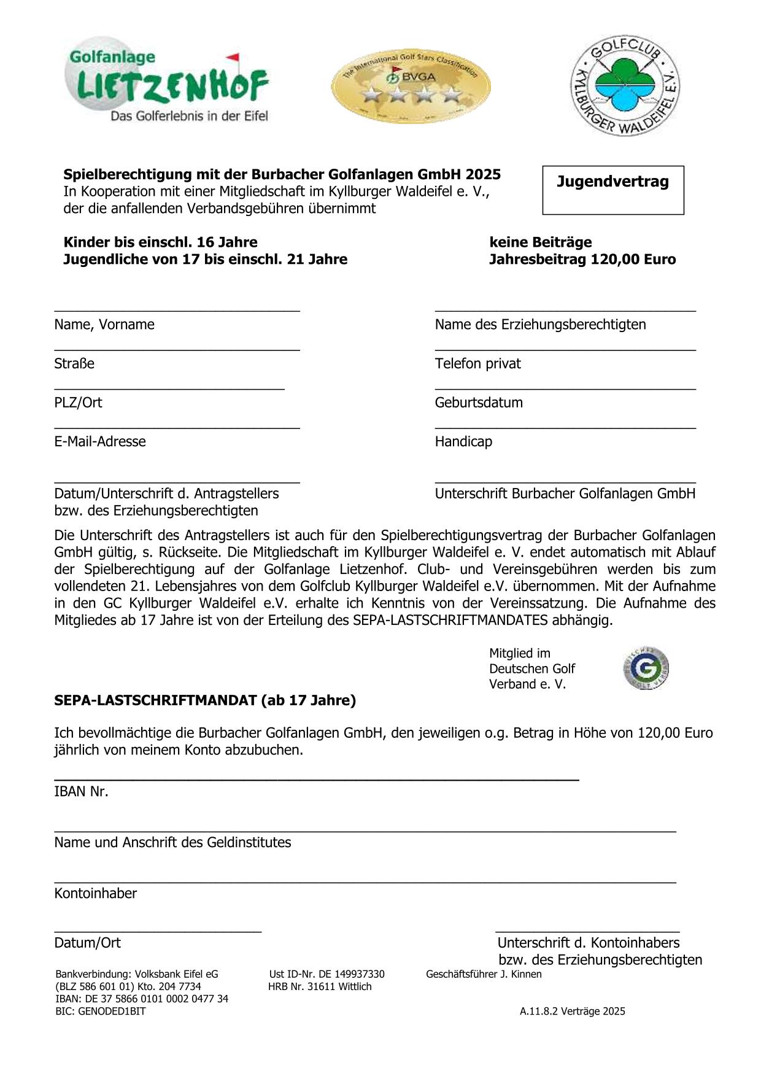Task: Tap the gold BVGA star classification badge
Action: coord(411,85)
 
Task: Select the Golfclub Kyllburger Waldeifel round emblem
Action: coord(625,86)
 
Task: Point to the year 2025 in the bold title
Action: coord(483,174)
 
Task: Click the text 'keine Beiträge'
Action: coord(540,242)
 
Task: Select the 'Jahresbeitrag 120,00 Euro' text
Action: coord(582,259)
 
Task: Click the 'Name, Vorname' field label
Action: coord(104,324)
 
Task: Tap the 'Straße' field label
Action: coord(74,363)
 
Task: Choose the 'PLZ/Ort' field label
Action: coord(78,403)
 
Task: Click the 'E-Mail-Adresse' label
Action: coord(100,441)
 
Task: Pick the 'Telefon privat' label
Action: coord(477,363)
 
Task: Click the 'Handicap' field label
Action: coord(463,441)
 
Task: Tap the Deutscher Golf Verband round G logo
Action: coord(645,668)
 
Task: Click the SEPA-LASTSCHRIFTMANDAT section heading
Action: coord(205,700)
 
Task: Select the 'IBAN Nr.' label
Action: coord(81,791)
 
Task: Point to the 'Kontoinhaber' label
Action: coord(95,893)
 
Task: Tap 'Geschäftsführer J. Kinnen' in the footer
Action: coord(484,974)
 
